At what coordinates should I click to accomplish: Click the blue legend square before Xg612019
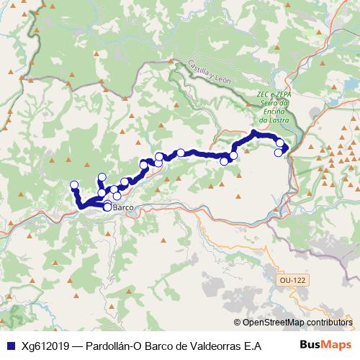coord(10,345)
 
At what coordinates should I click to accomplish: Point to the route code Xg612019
coord(46,345)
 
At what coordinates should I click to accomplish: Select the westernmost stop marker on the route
coord(73,185)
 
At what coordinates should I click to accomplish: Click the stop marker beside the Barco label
coord(107,207)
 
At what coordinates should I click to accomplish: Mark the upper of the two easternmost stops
coord(280,143)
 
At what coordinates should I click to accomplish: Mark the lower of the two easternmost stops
coord(279,152)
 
